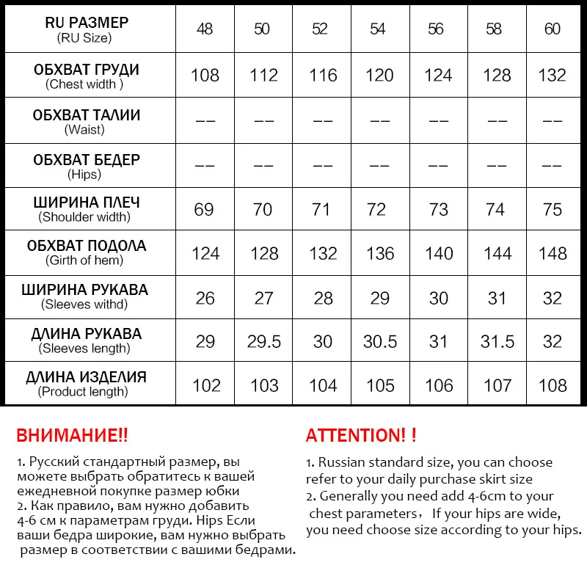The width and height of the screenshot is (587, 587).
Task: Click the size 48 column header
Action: tap(204, 29)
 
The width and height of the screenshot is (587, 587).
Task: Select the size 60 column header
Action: tap(553, 29)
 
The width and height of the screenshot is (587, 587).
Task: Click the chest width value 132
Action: tap(552, 76)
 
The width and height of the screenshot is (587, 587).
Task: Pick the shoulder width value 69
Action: tap(204, 210)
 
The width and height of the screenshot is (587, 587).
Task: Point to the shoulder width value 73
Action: tap(439, 210)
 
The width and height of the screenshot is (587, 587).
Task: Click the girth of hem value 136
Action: tap(380, 254)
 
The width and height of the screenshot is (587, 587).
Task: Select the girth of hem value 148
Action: tap(553, 254)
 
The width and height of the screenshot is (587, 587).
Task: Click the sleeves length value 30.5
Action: tap(380, 342)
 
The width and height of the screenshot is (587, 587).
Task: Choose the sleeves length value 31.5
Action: tap(497, 342)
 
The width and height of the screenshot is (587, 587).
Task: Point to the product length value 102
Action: tap(205, 386)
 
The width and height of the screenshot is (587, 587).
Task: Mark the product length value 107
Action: tap(497, 386)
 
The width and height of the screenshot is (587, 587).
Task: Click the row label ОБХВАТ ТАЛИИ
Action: tap(87, 115)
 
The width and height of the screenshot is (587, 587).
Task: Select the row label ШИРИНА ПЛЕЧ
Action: tap(87, 203)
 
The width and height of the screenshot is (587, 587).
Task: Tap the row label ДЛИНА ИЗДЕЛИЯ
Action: tap(87, 378)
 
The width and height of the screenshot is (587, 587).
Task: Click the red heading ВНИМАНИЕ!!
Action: tap(72, 435)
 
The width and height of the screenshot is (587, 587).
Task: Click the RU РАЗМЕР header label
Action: tap(87, 23)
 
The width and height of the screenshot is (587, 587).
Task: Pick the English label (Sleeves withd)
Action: tap(84, 304)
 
